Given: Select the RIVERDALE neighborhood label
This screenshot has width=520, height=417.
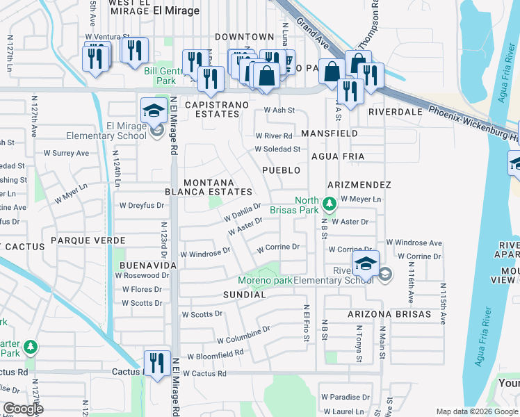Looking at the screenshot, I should pyautogui.click(x=396, y=111).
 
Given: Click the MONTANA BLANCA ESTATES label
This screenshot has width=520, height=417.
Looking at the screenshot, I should pyautogui.click(x=208, y=186).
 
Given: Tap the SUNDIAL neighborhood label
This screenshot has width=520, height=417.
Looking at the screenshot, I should pyautogui.click(x=244, y=295).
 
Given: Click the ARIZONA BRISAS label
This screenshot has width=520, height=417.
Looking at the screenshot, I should pyautogui.click(x=389, y=314).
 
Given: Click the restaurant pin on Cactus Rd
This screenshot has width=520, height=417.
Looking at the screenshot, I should pyautogui.click(x=156, y=363).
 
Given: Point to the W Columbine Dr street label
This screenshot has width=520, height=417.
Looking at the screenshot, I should pyautogui.click(x=243, y=336).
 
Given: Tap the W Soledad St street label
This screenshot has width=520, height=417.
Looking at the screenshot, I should pyautogui.click(x=277, y=149).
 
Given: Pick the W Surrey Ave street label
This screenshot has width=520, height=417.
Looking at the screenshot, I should pyautogui.click(x=67, y=153).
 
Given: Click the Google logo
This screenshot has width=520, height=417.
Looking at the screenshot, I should pyautogui.click(x=23, y=409).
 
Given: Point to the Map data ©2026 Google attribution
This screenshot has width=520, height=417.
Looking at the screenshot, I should pyautogui.click(x=476, y=411).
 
